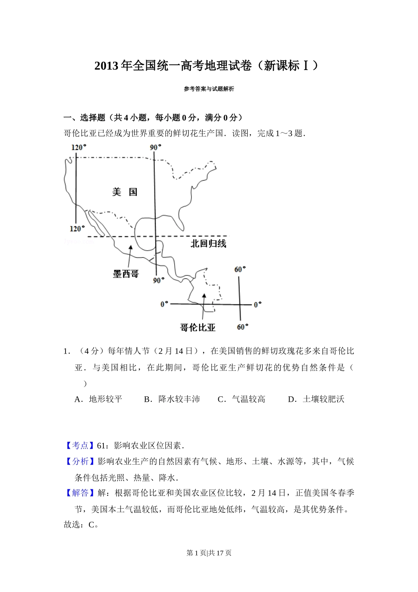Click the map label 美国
tap(125, 192)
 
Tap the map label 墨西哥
tap(126, 274)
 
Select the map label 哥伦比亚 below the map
tap(198, 328)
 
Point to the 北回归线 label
tap(208, 244)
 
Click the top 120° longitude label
tap(79, 147)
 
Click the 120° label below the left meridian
tap(77, 229)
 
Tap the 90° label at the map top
tap(156, 147)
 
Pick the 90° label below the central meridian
tap(158, 280)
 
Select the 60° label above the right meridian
tap(240, 269)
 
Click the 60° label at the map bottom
tap(242, 327)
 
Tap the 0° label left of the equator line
tap(164, 304)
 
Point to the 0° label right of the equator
tap(257, 304)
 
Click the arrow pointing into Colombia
tap(203, 304)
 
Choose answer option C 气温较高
tap(242, 399)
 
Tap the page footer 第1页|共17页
tap(209, 553)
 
